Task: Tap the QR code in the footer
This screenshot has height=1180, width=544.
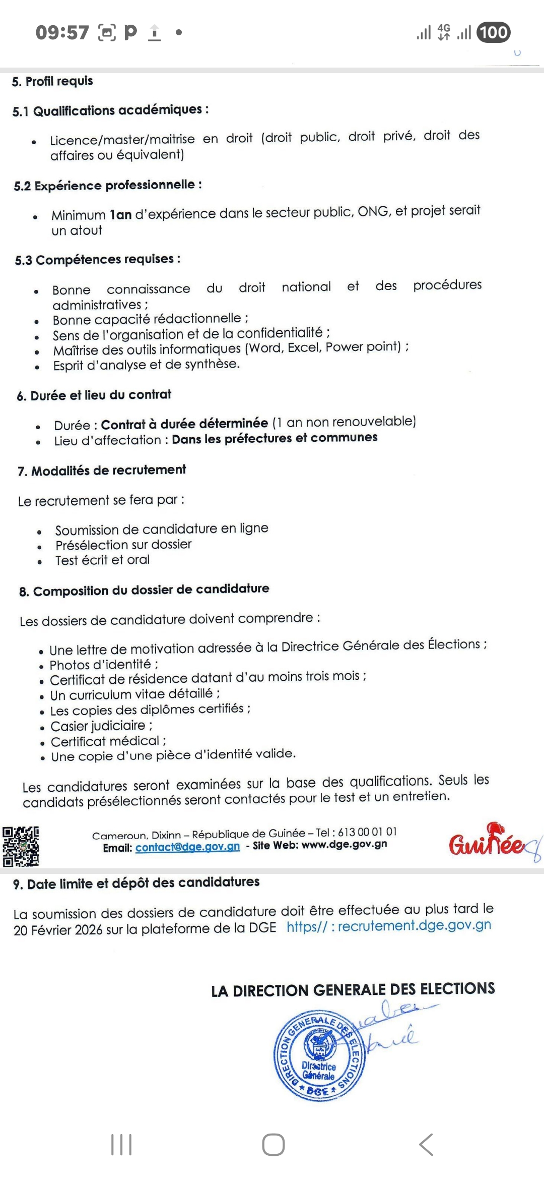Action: [x=21, y=847]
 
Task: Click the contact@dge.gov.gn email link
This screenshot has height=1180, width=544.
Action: [x=187, y=847]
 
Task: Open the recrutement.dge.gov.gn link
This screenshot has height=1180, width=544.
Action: [x=389, y=926]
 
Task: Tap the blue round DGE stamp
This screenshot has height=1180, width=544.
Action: [x=319, y=1055]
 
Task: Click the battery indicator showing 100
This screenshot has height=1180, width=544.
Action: [x=493, y=33]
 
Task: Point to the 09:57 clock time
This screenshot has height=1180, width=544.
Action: [x=62, y=33]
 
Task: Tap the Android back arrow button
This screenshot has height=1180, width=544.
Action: [x=426, y=1145]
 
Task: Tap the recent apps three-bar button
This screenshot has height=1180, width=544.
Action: [x=121, y=1145]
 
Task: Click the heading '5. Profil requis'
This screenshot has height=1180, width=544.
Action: [x=52, y=81]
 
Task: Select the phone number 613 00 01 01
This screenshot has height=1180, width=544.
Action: [x=367, y=832]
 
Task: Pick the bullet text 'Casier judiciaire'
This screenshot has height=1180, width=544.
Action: [x=98, y=726]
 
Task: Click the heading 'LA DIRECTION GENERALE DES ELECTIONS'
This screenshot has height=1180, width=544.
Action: [x=353, y=989]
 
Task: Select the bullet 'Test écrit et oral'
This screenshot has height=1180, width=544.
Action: [x=102, y=560]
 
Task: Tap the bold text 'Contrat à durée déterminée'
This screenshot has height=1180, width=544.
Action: [x=184, y=423]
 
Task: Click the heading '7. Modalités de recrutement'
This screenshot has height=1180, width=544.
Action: [x=102, y=470]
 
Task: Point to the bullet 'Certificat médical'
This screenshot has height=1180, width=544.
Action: [x=105, y=741]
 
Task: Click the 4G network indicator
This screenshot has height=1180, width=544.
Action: [x=444, y=32]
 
